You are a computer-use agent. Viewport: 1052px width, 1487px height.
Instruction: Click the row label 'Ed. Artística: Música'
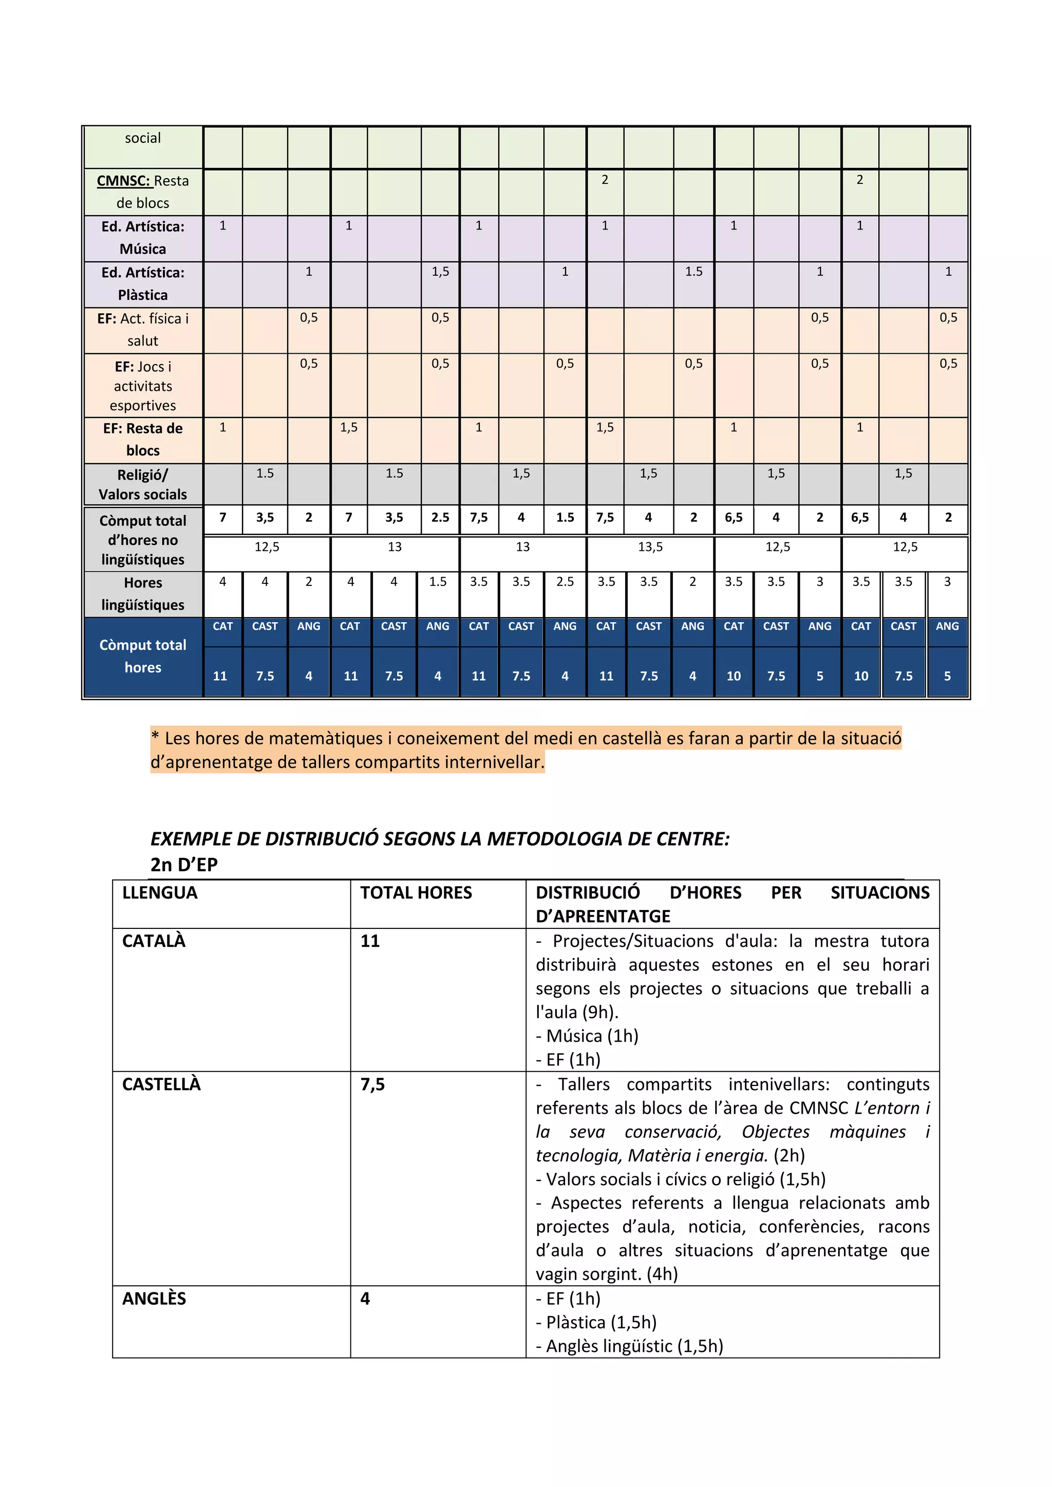[x=142, y=238]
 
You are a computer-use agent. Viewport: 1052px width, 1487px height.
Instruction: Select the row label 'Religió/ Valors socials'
[x=142, y=484]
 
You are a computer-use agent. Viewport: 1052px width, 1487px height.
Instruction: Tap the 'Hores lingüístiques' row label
[x=142, y=594]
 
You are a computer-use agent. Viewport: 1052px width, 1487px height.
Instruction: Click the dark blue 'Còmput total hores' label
[x=142, y=656]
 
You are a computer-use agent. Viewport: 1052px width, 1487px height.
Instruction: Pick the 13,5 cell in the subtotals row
[x=650, y=547]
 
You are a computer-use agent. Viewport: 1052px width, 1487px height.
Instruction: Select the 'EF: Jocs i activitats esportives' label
[x=142, y=386]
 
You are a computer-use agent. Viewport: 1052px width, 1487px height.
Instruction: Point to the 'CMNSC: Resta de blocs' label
[x=142, y=192]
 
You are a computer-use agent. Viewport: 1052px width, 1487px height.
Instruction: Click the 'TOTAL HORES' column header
[x=416, y=893]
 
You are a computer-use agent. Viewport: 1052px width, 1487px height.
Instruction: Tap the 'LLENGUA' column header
[x=160, y=893]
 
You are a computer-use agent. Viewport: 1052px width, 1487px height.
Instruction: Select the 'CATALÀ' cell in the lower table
[x=154, y=941]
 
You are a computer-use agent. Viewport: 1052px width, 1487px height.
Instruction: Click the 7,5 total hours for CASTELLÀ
[x=372, y=1085]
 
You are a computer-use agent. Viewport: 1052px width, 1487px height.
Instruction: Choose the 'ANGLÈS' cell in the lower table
[x=154, y=1299]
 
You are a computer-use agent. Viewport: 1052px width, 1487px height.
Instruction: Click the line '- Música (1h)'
[x=588, y=1036]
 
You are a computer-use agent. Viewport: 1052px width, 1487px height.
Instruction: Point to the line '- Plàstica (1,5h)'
[x=596, y=1323]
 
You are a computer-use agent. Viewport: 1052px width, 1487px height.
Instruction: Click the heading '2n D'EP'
[x=184, y=865]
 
